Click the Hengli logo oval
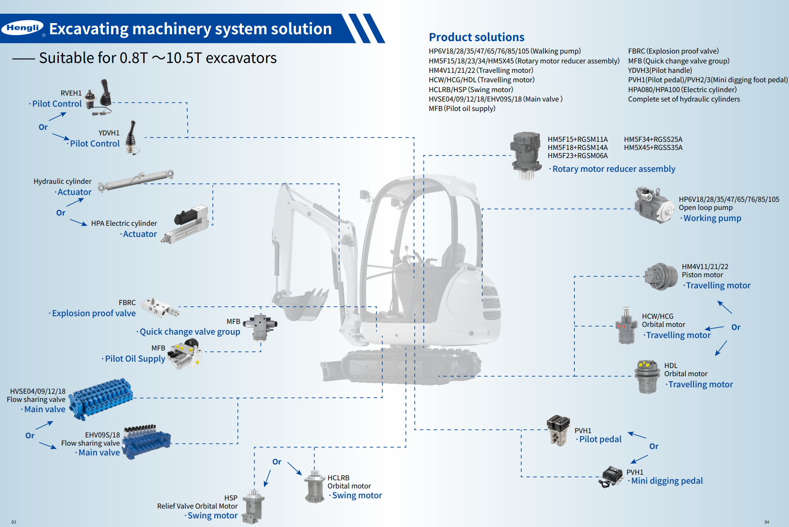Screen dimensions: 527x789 pos(23,28)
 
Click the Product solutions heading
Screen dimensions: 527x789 pos(476,37)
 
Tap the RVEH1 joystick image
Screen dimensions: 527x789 pos(99,97)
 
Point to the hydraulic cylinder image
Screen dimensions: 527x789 pos(136,180)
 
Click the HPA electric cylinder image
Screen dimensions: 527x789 pos(187,224)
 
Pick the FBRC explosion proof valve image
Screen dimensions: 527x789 pos(159,308)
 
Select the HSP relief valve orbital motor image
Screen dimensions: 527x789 pos(253,507)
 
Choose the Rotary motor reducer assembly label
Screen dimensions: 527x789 pos(613,169)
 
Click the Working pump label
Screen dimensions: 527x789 pos(712,218)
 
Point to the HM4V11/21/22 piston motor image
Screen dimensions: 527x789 pos(661,276)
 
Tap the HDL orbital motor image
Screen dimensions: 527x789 pos(647,377)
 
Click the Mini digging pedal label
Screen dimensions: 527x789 pos(666,481)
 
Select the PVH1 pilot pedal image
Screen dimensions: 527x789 pos(558,430)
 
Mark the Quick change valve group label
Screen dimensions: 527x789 pos(189,332)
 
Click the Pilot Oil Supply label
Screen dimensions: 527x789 pos(135,359)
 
